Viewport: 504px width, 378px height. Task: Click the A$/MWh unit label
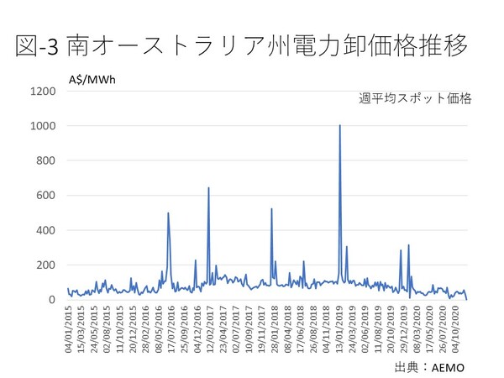(x=94, y=81)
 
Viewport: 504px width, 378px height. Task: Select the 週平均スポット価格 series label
(x=415, y=98)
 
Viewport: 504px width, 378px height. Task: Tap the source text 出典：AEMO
(x=429, y=367)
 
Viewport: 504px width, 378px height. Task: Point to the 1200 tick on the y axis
(x=44, y=91)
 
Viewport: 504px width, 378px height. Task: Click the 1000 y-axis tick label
(x=44, y=126)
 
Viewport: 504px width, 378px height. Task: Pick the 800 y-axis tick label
(x=47, y=160)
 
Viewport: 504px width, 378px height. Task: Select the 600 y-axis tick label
(x=47, y=196)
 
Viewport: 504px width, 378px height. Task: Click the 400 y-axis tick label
(x=47, y=230)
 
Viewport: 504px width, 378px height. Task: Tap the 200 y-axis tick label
(x=47, y=265)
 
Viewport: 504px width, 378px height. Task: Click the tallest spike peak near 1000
(x=339, y=125)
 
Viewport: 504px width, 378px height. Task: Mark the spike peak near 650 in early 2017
(x=208, y=188)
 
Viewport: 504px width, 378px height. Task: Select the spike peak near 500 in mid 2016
(x=168, y=213)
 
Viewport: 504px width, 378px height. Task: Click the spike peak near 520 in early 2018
(x=271, y=208)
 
